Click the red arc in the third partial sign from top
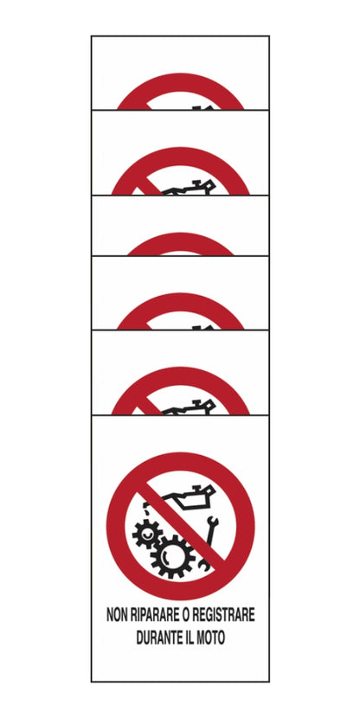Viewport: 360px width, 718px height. click(x=180, y=242)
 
